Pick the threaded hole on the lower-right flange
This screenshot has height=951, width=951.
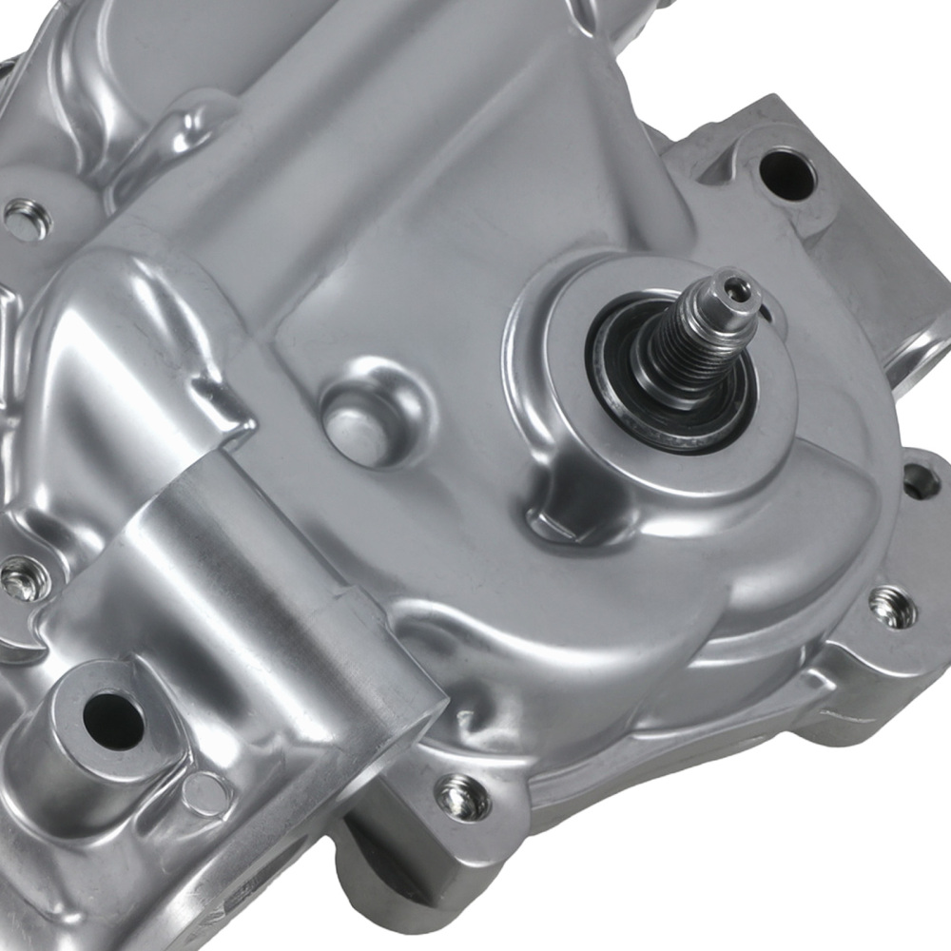point(892,607)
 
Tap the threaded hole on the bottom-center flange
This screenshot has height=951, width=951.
point(462,795)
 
